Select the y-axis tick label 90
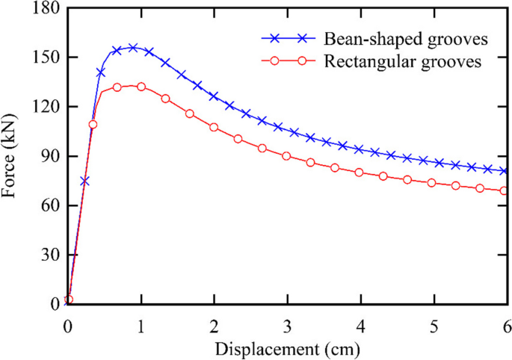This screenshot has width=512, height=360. click(x=49, y=156)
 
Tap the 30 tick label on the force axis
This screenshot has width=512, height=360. click(x=49, y=255)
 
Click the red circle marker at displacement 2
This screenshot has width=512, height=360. click(x=214, y=127)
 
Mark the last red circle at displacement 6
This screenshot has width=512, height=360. click(x=505, y=190)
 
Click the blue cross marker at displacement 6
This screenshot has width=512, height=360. click(x=505, y=171)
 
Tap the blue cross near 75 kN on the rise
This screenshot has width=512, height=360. click(x=85, y=181)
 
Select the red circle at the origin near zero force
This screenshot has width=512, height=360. click(x=69, y=300)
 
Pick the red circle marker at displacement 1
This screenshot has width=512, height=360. click(x=141, y=87)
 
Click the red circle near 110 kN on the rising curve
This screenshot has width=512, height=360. click(x=93, y=124)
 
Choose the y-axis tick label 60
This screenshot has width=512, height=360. click(x=49, y=205)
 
